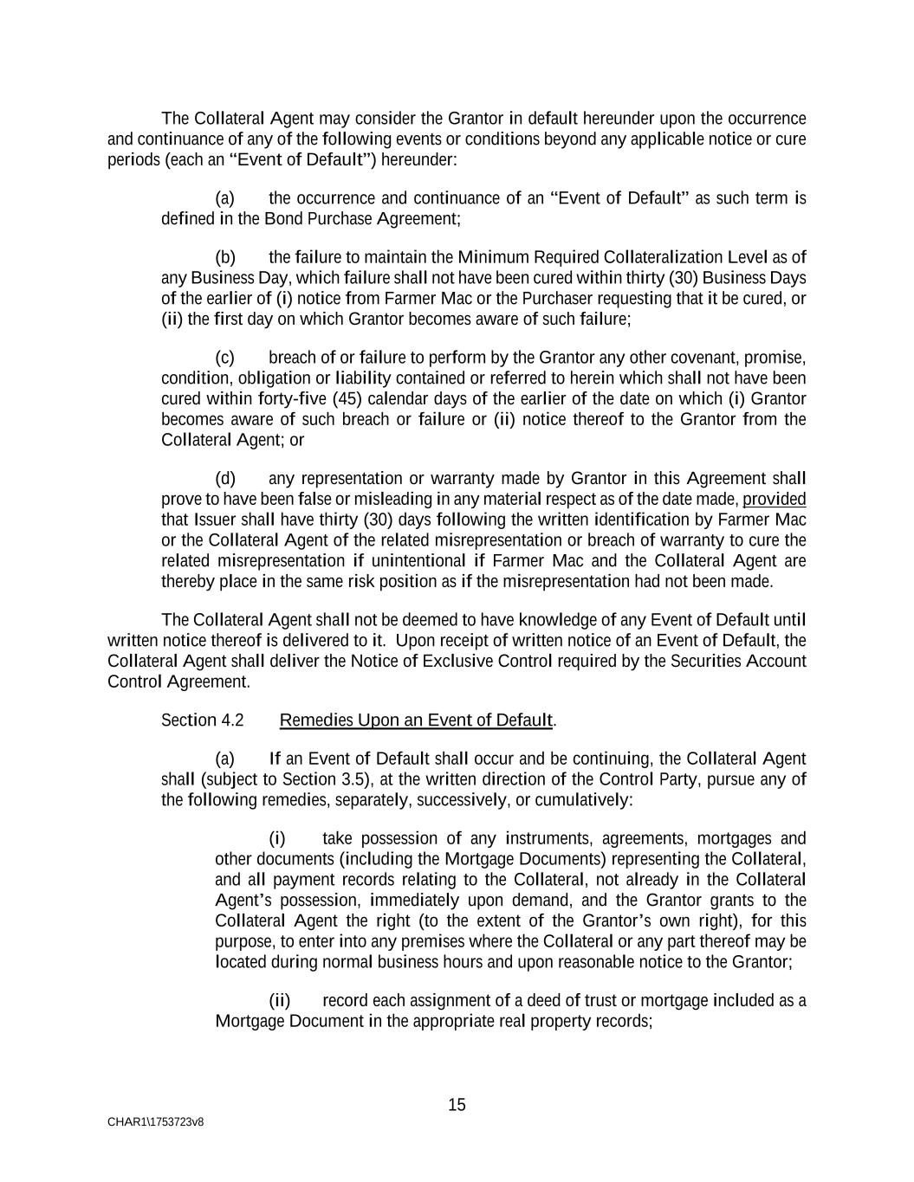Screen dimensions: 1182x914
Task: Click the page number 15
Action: click(x=457, y=1105)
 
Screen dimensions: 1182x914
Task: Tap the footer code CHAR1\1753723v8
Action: click(x=156, y=1122)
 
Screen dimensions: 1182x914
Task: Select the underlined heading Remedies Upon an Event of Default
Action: click(x=416, y=720)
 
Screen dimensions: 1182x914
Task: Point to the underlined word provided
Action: click(x=775, y=500)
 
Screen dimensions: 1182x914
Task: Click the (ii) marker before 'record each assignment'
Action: click(x=280, y=1001)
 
